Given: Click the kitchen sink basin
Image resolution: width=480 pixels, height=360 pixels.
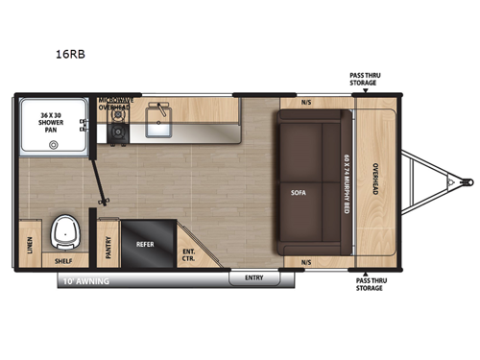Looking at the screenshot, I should coord(159,122).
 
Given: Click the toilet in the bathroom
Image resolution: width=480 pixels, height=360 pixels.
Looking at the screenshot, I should coord(66,229).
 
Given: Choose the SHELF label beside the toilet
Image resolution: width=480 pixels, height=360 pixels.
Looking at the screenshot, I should coord(64,259).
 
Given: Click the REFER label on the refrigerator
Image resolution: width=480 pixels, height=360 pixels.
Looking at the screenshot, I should coord(144,245).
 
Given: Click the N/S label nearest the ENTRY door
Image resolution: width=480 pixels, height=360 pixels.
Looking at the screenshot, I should coord(306,260).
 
